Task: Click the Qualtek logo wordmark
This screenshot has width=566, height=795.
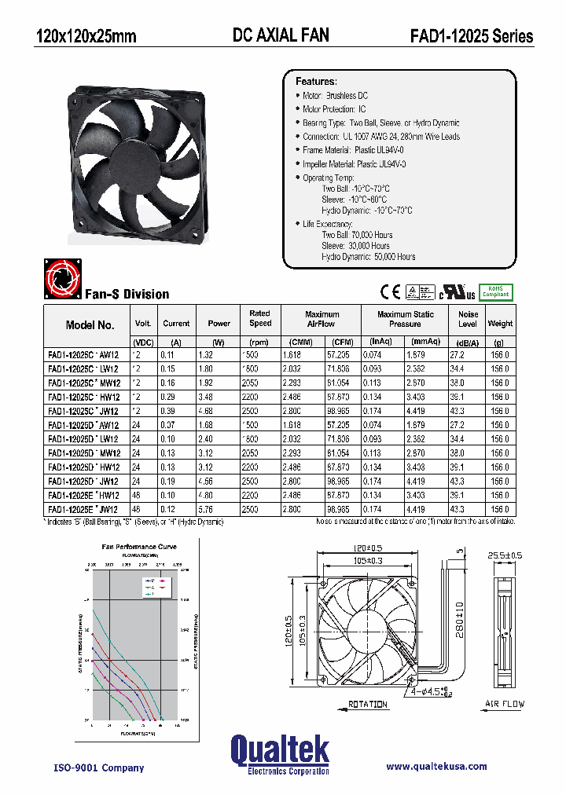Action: (x=280, y=751)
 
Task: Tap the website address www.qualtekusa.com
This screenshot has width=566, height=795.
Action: (x=436, y=766)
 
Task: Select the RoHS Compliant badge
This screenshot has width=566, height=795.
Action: (x=495, y=291)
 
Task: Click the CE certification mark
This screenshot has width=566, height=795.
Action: (x=390, y=291)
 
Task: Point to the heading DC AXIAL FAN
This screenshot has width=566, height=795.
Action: (x=281, y=35)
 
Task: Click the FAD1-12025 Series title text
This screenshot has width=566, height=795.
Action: (x=471, y=36)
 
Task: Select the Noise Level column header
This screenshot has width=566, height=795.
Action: (x=468, y=319)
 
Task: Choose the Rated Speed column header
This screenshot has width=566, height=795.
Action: (x=260, y=318)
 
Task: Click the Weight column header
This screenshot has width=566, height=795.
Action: (x=500, y=323)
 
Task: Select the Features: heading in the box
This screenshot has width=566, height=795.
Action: (x=316, y=82)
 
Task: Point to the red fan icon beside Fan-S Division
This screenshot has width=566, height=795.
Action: (x=61, y=280)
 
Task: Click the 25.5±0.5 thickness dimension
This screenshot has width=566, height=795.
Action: (x=504, y=555)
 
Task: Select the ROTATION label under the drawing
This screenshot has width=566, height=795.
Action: (x=367, y=705)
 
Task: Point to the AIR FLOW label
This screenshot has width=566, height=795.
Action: (x=505, y=705)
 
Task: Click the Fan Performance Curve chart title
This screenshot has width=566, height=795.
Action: (x=139, y=547)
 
